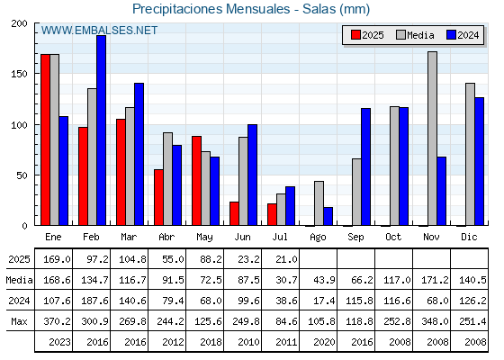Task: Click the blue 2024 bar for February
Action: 101,130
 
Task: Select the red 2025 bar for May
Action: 197,181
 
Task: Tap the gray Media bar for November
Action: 432,139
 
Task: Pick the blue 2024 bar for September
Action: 365,166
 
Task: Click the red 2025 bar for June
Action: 234,214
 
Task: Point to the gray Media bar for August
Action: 319,203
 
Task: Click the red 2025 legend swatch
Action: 355,35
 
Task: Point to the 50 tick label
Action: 22,175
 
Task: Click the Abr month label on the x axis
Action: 166,237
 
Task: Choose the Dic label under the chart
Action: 469,237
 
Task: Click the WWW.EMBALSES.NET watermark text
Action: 99,31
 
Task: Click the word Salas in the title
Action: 319,9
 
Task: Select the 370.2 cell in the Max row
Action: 56,321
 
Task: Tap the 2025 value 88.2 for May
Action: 211,259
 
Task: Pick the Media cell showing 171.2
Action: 435,280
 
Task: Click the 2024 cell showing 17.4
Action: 324,301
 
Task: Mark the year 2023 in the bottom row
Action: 59,342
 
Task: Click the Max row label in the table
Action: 19,321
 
